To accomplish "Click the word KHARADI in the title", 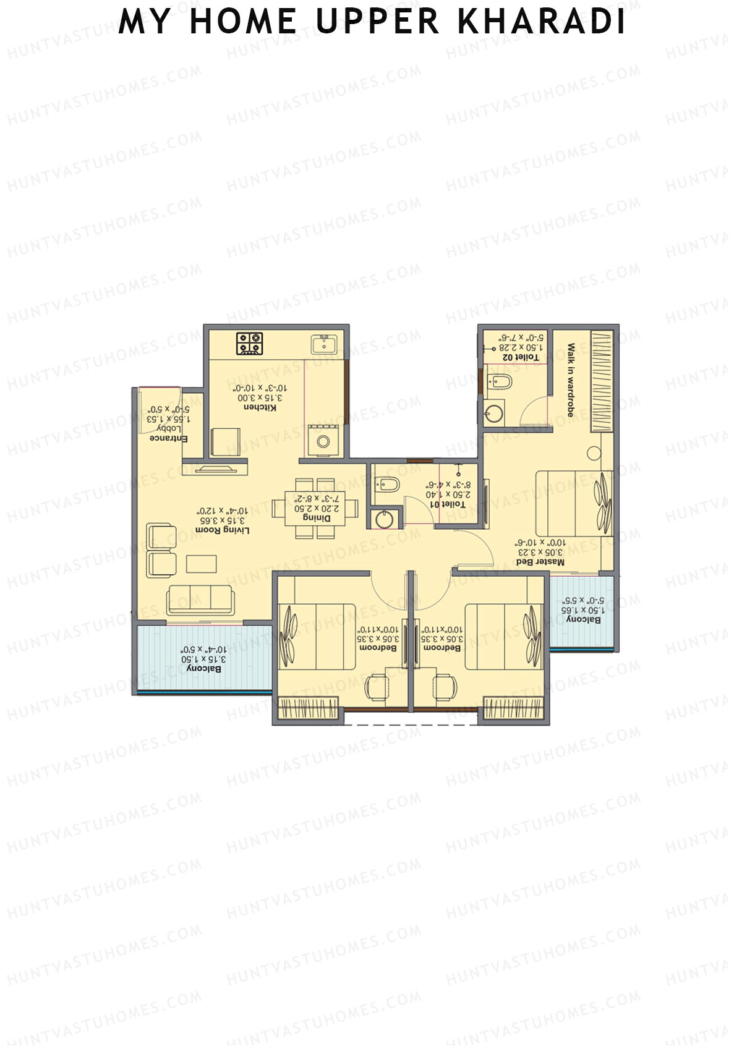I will click(x=541, y=22).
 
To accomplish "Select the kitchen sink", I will click(x=323, y=343).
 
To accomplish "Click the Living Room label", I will click(x=222, y=530).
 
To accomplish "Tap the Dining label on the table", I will click(x=316, y=518).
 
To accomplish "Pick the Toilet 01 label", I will click(x=449, y=504).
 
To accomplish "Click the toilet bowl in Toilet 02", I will click(x=498, y=381).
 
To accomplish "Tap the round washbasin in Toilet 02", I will click(x=493, y=413).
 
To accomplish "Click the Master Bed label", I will click(x=540, y=562).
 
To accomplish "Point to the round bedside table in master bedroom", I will click(x=594, y=452).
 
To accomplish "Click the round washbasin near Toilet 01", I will click(x=384, y=519).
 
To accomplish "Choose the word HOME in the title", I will click(x=243, y=22).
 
